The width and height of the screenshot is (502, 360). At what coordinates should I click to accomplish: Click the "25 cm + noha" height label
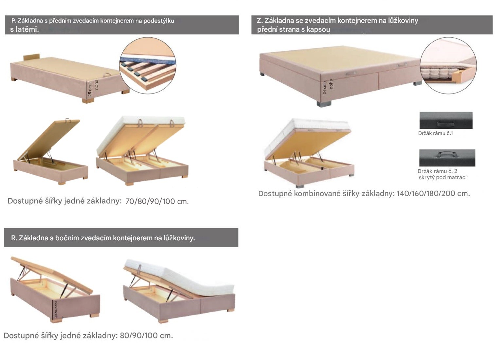tap(93, 88)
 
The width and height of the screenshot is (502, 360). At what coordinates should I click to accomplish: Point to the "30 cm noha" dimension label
tap(56, 309)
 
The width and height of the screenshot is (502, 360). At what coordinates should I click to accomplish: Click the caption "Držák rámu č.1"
tap(435, 133)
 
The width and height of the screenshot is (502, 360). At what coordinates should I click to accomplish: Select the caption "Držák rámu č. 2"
tap(437, 171)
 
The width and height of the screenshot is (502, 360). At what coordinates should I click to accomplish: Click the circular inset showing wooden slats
tap(148, 66)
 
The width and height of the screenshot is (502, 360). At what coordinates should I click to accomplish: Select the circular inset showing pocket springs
tap(448, 66)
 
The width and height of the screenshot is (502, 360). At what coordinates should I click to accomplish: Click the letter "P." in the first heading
tap(14, 21)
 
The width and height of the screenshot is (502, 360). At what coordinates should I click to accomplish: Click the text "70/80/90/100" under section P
tap(150, 201)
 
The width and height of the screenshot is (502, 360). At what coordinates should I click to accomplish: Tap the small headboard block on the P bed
tap(31, 57)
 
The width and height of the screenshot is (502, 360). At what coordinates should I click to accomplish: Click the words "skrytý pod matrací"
tap(442, 178)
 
